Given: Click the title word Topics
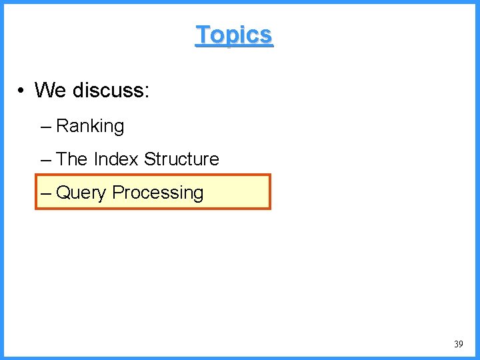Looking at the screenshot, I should coord(234,35).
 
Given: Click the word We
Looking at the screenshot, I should coord(50,89).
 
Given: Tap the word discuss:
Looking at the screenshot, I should coord(111,89).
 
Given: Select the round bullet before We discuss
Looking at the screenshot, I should coord(22,90).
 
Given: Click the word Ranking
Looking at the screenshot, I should coord(90,126).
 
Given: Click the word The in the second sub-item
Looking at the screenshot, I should coord(72,159).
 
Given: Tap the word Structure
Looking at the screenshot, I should coord(181,159).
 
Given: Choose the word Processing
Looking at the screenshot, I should coord(158,193).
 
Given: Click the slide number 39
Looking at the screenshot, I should coord(458,344).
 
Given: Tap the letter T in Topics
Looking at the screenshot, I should coord(202,35).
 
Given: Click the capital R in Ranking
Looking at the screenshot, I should coord(62,126).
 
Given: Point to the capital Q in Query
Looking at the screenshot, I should coord(63,193).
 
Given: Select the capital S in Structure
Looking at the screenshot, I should coord(149,159).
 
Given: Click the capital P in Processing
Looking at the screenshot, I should coord(117,193).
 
